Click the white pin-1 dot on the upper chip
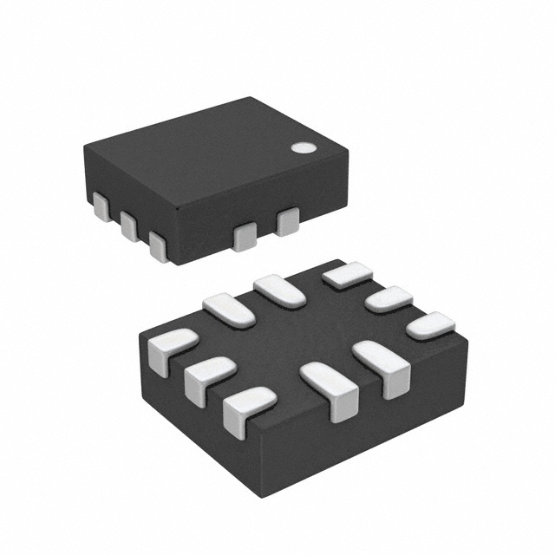(303, 147)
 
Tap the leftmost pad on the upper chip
(101, 207)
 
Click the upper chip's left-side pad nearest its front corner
(158, 245)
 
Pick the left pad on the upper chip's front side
(245, 236)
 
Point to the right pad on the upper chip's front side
(287, 221)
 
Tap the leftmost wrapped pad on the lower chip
(170, 349)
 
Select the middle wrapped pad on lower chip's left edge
(208, 375)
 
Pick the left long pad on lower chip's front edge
(330, 388)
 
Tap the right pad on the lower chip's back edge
(279, 290)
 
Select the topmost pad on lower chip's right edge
(348, 274)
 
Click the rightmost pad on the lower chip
(431, 325)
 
